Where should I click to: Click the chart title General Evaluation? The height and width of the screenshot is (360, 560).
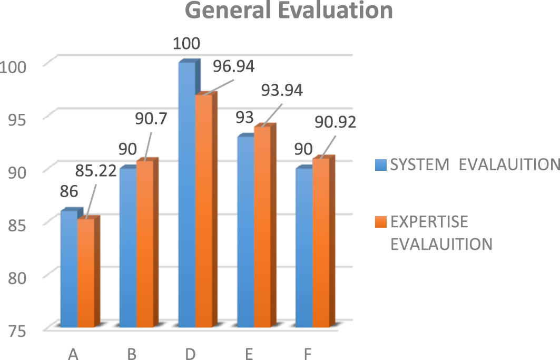click(x=289, y=11)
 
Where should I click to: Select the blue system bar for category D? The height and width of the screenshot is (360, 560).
click(x=186, y=195)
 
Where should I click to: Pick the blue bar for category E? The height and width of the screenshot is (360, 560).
click(x=245, y=232)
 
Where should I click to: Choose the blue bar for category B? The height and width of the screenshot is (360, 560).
click(x=128, y=248)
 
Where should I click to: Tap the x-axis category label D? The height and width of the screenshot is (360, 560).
click(x=190, y=354)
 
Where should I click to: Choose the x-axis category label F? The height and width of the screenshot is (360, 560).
click(x=307, y=354)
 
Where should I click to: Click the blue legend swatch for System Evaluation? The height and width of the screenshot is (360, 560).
click(x=381, y=165)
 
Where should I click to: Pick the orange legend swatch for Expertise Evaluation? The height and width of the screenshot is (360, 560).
click(x=381, y=222)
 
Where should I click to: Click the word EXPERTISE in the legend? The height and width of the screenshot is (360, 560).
click(x=429, y=222)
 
